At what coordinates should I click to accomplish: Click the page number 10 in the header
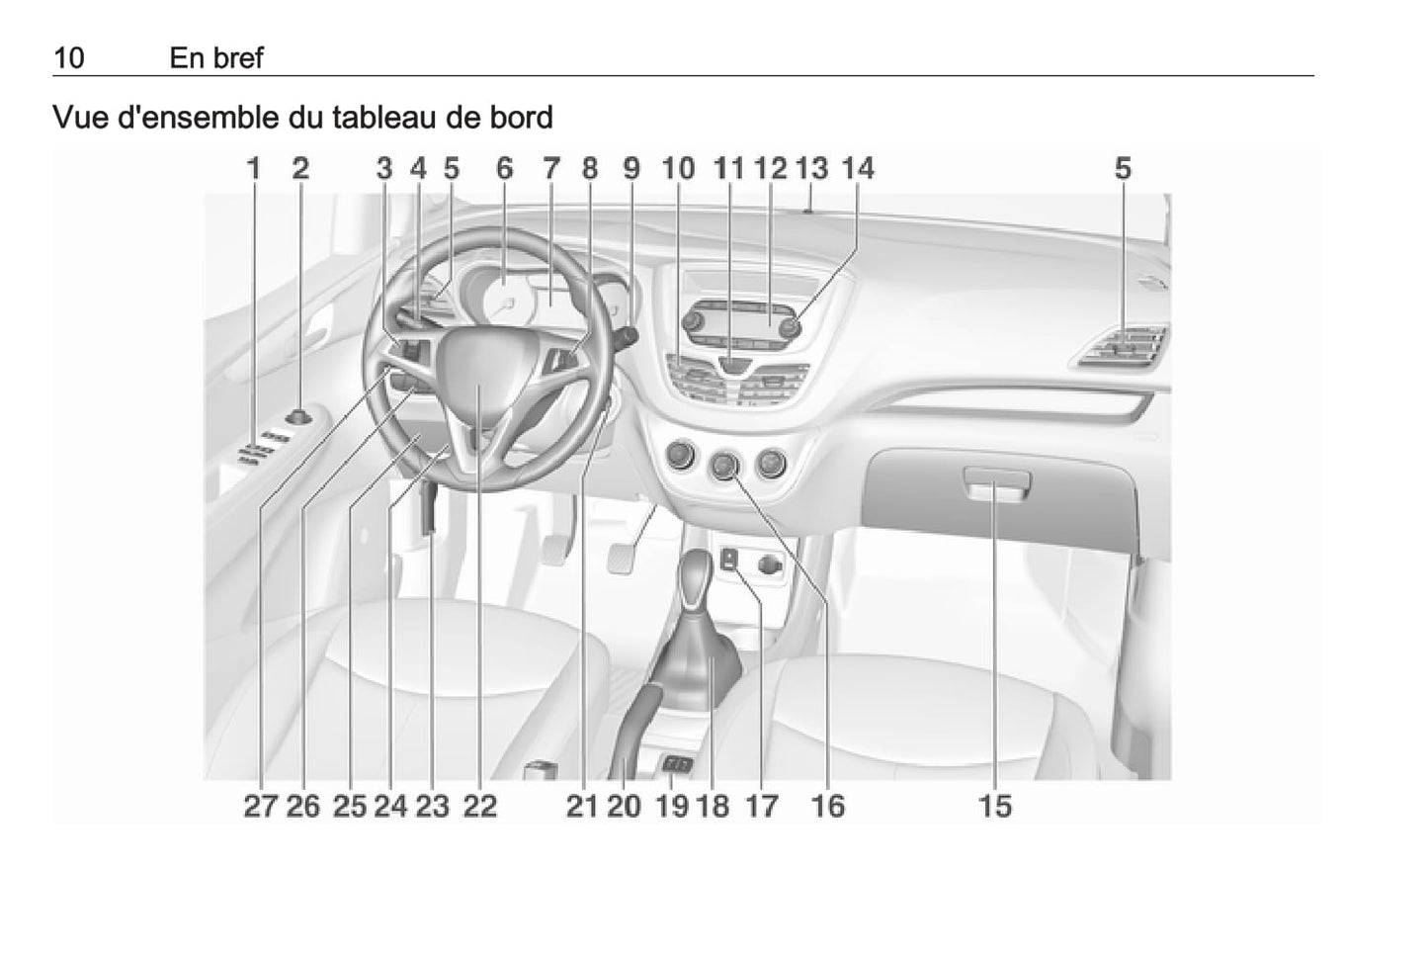point(69,58)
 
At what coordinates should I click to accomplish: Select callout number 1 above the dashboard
point(254,169)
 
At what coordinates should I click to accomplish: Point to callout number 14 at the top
point(858,169)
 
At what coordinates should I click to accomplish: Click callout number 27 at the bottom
point(261,807)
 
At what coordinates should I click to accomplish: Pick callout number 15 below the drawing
point(995,807)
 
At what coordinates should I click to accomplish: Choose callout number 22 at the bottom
point(480,807)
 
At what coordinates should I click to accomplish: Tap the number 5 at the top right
point(1123,169)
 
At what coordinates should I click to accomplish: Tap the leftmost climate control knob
point(680,456)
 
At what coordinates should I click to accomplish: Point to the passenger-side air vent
point(1124,347)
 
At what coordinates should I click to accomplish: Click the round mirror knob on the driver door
point(298,418)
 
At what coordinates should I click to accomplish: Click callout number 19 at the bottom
point(672,807)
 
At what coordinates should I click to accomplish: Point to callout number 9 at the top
point(631,169)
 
